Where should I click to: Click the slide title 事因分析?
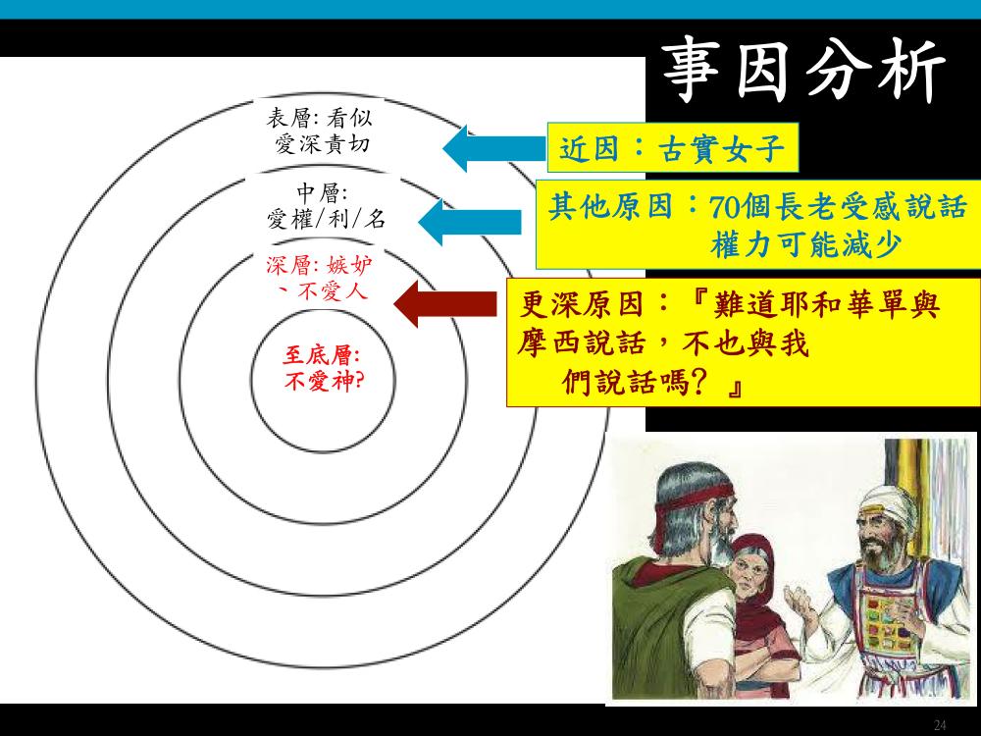pos(804,70)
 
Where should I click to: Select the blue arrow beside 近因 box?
pos(494,148)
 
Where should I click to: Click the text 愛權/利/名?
pos(327,219)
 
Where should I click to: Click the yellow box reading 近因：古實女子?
pos(673,148)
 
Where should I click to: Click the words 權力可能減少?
pos(805,244)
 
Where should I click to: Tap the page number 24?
pos(940,725)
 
